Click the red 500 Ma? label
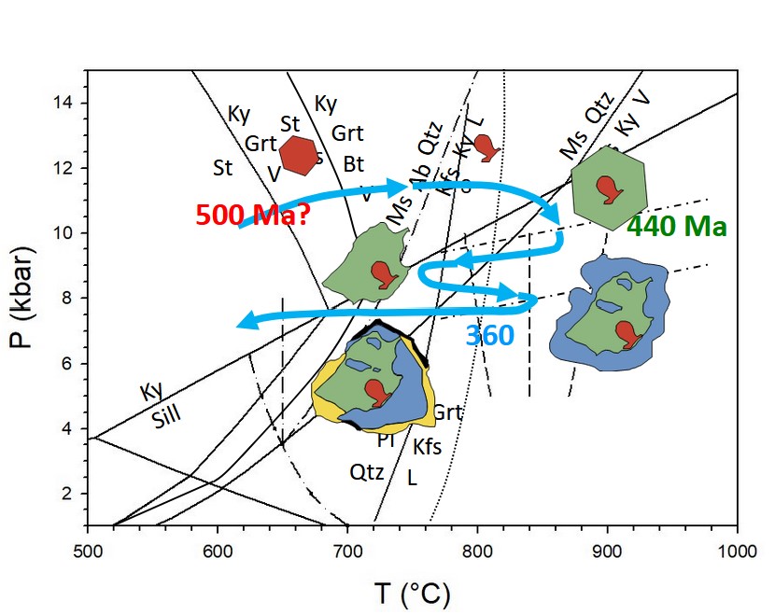(x=252, y=216)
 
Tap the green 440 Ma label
(x=677, y=226)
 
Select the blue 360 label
(x=489, y=336)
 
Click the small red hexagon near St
(x=299, y=155)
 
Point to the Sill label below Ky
(x=168, y=417)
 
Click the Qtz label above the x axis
(x=367, y=472)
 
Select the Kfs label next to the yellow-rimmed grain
(x=427, y=447)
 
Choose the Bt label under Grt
(x=353, y=164)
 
